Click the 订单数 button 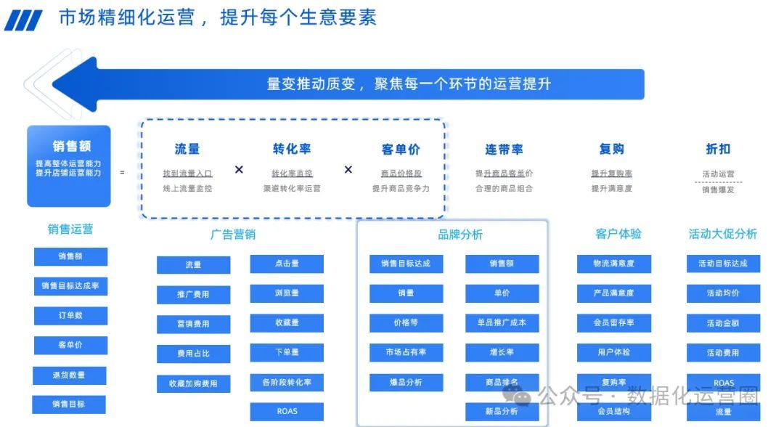(x=70, y=316)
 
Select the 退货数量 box (x=70, y=375)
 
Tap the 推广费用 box (x=193, y=295)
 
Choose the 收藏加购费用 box (x=193, y=383)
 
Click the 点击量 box (x=287, y=264)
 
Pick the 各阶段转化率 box (x=287, y=382)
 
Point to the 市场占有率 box (x=406, y=352)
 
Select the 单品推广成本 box (x=502, y=322)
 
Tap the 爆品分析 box (x=406, y=382)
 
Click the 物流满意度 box (x=614, y=264)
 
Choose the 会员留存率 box (x=614, y=322)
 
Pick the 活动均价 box (x=723, y=293)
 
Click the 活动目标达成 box (x=723, y=264)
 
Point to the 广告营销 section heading (x=233, y=234)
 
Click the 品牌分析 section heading (x=460, y=235)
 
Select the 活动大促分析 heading (x=722, y=233)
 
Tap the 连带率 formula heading (x=504, y=149)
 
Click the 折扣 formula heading (x=718, y=149)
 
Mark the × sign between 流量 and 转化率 (x=239, y=169)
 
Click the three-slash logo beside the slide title (x=23, y=20)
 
